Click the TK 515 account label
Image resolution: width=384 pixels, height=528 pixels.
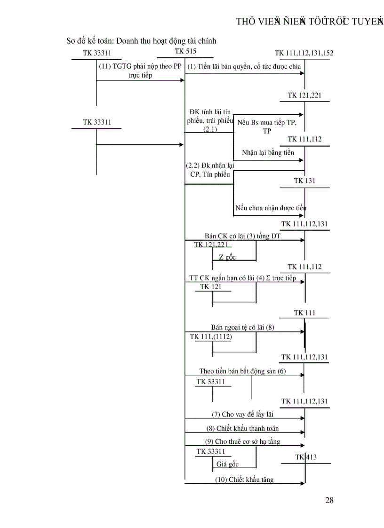click(x=185, y=51)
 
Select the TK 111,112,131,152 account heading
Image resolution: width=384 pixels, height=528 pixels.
click(x=304, y=53)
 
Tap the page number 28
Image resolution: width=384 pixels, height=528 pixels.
click(x=329, y=500)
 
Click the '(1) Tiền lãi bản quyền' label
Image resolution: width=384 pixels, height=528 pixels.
click(x=244, y=67)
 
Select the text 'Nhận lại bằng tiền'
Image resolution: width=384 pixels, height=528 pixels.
click(x=268, y=152)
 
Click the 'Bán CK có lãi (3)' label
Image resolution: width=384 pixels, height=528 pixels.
click(x=242, y=236)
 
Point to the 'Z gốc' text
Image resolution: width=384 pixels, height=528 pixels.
click(x=227, y=257)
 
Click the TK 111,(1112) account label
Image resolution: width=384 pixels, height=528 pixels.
click(x=211, y=337)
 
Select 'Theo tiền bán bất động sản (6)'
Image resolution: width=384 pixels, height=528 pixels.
click(x=242, y=371)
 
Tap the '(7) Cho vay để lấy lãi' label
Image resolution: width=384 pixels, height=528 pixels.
click(x=242, y=414)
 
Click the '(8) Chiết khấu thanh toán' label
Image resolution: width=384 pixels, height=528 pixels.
click(x=242, y=428)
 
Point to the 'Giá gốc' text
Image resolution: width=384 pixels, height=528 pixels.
click(x=227, y=464)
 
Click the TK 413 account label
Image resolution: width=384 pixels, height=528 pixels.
click(x=306, y=457)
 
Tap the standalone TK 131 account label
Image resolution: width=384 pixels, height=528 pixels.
click(x=305, y=181)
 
